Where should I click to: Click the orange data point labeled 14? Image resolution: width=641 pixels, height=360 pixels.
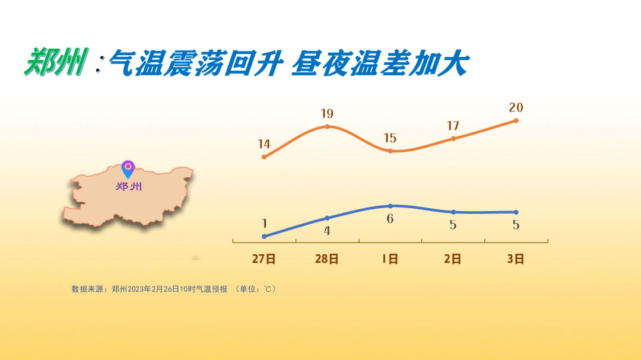point(264,157)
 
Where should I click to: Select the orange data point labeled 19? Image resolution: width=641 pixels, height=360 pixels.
point(327,127)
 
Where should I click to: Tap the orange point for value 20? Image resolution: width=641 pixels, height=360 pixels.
point(516,120)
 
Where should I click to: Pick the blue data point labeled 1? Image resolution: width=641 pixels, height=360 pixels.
point(264,236)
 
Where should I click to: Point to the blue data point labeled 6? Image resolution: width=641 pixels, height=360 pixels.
point(390,206)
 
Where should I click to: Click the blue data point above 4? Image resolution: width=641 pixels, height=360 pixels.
point(327,218)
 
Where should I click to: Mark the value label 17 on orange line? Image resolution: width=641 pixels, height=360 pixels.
point(453,126)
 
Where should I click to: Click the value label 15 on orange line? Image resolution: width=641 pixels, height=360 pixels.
point(390,138)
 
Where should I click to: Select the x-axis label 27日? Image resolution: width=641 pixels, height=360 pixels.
point(264,259)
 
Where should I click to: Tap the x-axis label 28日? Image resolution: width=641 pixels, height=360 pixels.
point(327,259)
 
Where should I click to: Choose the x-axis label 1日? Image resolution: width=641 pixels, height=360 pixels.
point(390,259)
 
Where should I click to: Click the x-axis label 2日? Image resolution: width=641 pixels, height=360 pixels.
point(453,259)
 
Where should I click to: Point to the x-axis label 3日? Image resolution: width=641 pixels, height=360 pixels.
point(516,259)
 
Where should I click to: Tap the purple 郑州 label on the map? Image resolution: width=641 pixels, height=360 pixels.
point(128,187)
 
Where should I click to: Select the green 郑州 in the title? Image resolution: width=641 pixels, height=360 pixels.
point(56,62)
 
